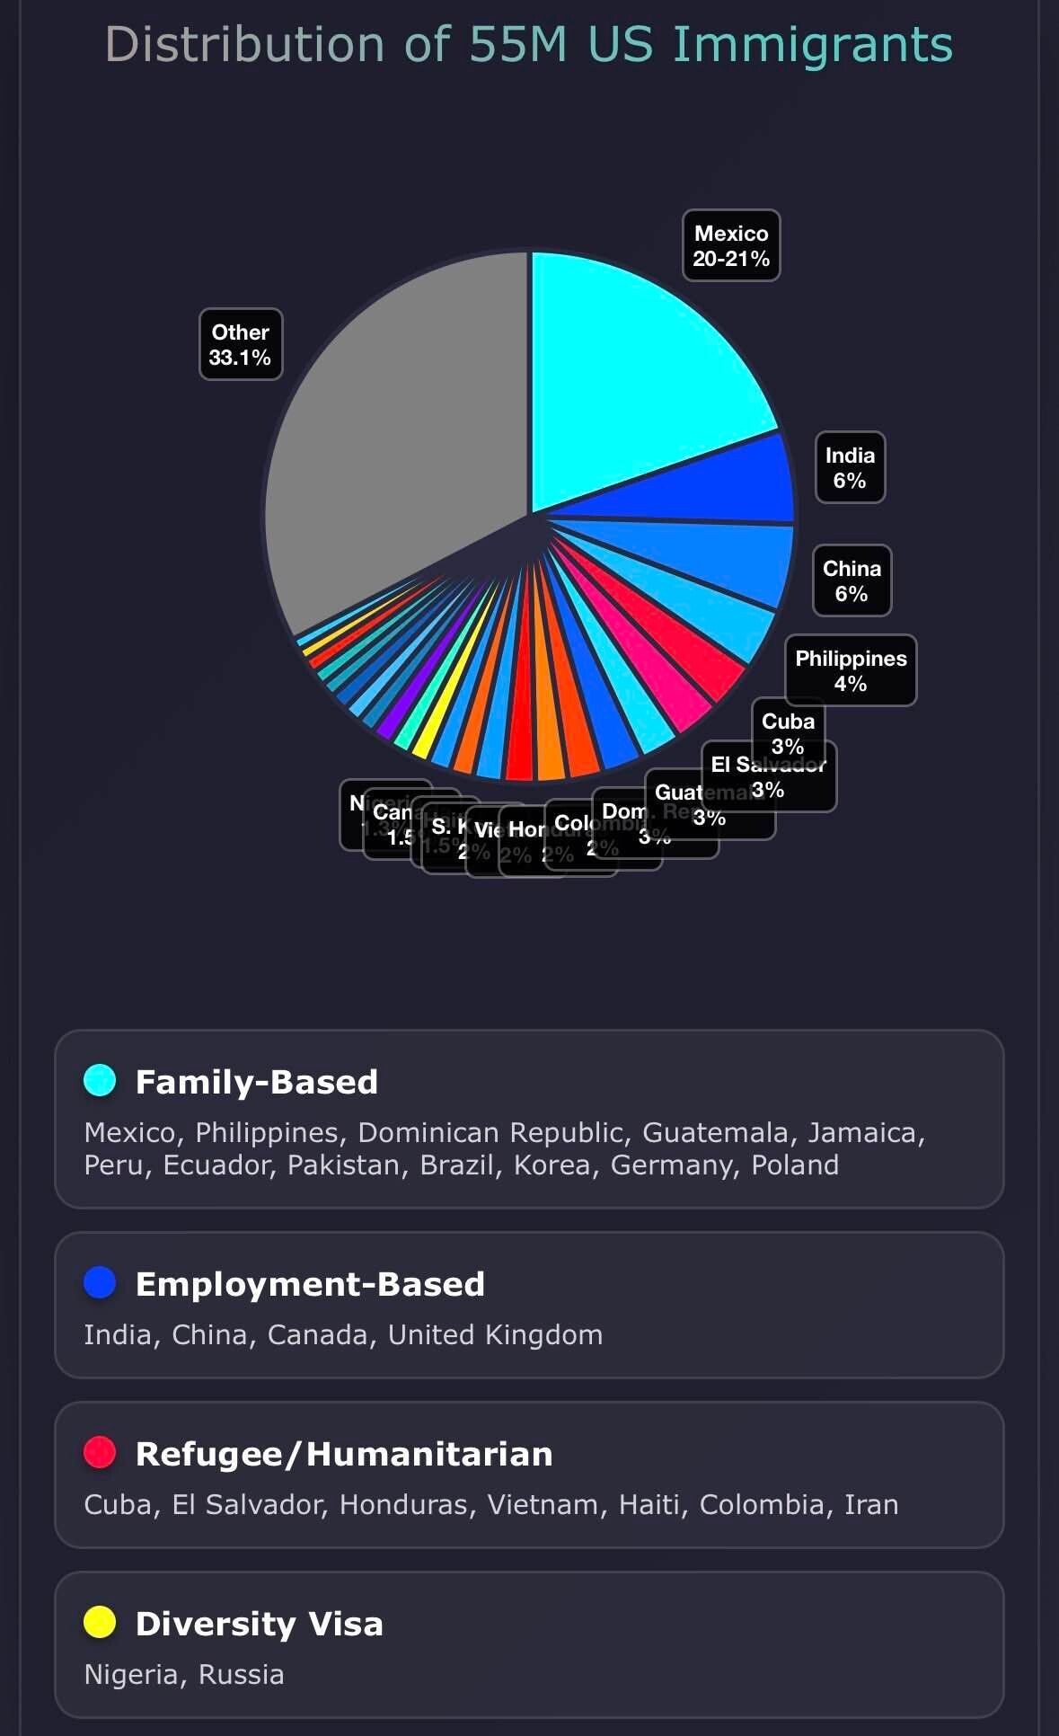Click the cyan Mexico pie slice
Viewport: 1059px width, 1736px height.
(629, 377)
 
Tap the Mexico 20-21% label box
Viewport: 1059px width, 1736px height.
(731, 245)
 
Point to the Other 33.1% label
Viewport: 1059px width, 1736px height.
(241, 344)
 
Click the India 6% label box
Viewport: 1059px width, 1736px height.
(850, 467)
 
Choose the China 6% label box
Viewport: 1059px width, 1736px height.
(852, 580)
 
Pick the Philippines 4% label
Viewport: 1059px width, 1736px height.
(851, 670)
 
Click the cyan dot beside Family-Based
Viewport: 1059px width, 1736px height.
(100, 1080)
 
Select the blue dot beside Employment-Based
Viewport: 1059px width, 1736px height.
(100, 1282)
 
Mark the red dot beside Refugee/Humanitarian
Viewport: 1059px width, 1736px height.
(100, 1452)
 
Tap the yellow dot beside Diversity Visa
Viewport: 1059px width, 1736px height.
(100, 1622)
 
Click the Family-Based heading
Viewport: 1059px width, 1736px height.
(256, 1082)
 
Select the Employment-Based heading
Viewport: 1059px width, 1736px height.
(310, 1284)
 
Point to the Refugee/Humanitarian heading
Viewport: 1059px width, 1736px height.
(344, 1454)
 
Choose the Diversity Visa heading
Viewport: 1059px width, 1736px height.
(259, 1624)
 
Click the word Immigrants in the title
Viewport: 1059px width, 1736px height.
(812, 45)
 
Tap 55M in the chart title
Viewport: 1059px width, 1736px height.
(518, 45)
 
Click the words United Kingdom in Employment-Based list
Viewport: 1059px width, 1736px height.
(495, 1335)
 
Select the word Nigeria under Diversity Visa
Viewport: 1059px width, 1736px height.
(134, 1675)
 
